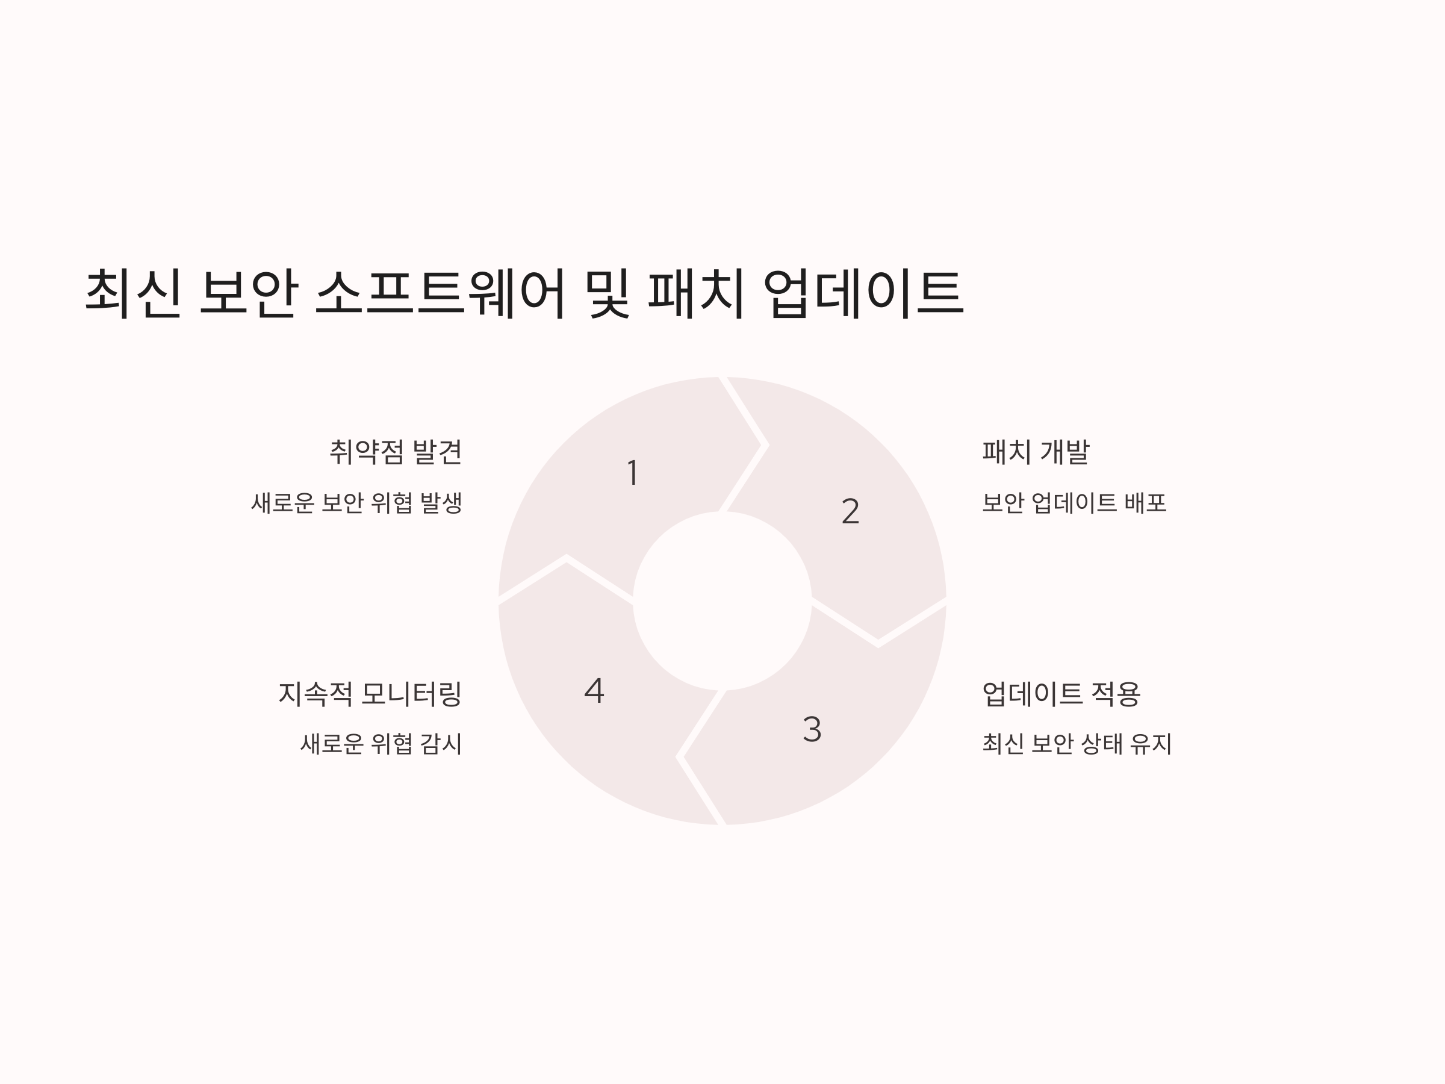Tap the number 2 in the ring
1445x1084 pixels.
[850, 511]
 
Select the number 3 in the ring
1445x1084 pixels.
[812, 729]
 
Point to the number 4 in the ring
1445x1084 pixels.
[594, 691]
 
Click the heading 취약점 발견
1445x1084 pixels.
[396, 452]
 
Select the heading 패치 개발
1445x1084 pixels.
[1036, 452]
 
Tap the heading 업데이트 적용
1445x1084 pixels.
[1061, 694]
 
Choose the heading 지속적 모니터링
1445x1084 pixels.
[370, 694]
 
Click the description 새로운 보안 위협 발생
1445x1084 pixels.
[356, 503]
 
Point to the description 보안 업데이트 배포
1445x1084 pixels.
[1074, 503]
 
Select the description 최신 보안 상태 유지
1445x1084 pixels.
[1077, 744]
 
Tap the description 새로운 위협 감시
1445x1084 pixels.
[381, 744]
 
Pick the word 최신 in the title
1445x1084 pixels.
[133, 293]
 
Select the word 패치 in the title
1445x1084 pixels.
[696, 293]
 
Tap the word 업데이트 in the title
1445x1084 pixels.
[863, 293]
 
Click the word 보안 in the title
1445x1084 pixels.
[249, 293]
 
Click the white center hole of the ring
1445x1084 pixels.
[722, 601]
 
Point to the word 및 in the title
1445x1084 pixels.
[609, 293]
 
